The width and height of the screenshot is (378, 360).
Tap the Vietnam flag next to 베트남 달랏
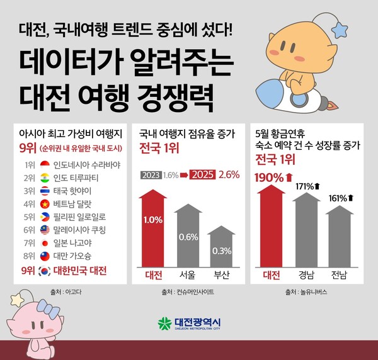(45, 203)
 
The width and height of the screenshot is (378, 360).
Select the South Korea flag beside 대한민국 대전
(45, 270)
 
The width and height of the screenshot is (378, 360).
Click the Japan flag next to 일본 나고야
(45, 242)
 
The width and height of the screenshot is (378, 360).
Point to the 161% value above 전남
(339, 198)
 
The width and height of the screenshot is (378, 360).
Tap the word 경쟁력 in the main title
(183, 96)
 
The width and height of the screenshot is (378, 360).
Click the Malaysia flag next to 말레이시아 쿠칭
(45, 229)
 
